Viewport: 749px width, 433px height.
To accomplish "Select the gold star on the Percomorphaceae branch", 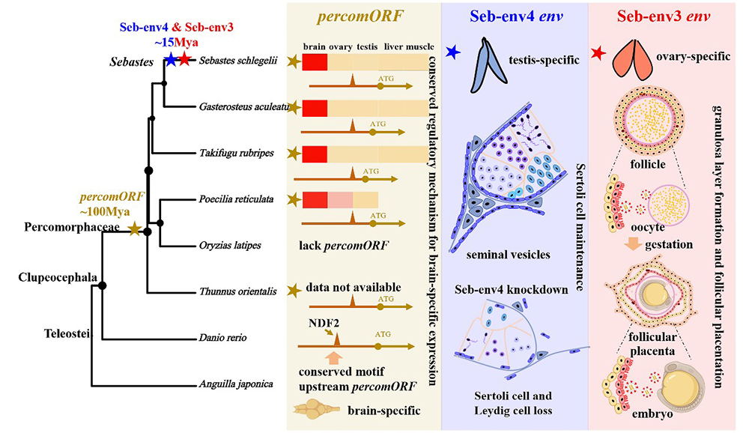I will (134, 230).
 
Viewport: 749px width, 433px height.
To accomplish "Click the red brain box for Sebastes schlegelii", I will (315, 62).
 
